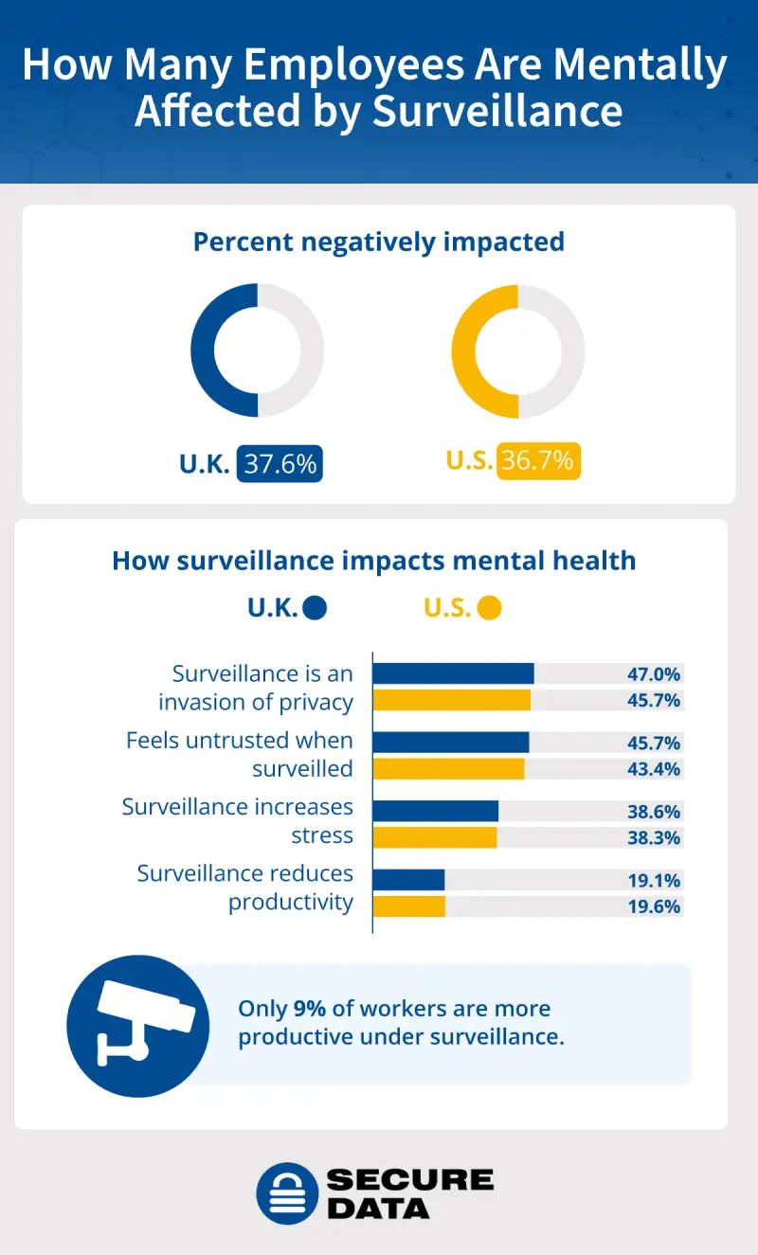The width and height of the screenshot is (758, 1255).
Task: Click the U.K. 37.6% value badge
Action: (280, 463)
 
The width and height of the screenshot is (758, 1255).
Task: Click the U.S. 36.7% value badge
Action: (538, 461)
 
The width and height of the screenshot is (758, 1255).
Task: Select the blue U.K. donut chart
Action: (224, 350)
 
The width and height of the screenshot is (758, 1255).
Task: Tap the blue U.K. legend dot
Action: (316, 608)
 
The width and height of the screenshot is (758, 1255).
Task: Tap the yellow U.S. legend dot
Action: (489, 608)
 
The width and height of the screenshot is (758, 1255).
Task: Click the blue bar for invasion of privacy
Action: (453, 673)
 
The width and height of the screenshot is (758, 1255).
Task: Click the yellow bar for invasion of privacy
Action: (451, 700)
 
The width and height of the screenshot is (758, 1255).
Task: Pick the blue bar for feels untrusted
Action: (450, 743)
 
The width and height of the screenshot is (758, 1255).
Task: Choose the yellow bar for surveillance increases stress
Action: (434, 837)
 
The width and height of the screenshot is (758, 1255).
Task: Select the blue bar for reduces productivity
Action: (408, 880)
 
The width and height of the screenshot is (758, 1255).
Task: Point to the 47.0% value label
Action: (654, 674)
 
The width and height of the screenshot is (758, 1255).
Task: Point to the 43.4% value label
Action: (654, 769)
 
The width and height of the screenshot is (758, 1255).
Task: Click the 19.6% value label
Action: (654, 906)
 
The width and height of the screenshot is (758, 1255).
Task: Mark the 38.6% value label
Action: (654, 812)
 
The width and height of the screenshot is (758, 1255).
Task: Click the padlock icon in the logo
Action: (285, 1192)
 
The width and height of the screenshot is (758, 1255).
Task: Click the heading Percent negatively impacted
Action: (378, 242)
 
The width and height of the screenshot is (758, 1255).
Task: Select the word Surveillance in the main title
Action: (497, 110)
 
